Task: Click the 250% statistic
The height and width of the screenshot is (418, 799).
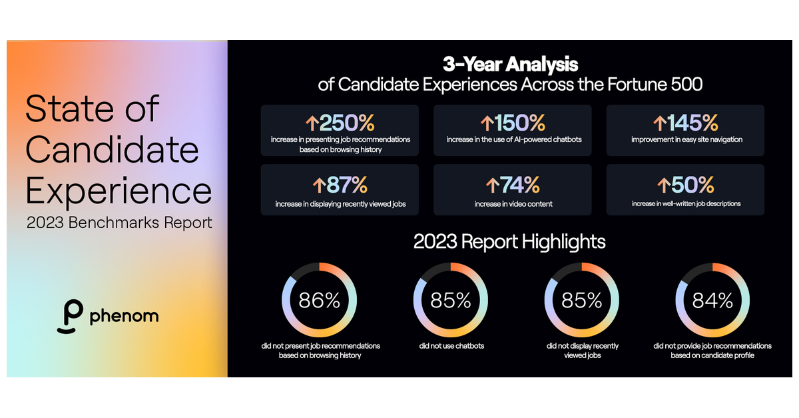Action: [346, 123]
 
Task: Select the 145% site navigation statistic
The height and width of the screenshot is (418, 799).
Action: [692, 123]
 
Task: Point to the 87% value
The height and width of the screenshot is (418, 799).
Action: [346, 185]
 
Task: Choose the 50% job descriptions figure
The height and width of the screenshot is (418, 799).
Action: [692, 185]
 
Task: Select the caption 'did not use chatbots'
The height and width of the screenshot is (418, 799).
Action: [451, 346]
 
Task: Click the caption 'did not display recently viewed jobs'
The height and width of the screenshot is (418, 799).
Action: [582, 351]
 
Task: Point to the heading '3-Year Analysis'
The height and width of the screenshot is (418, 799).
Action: [511, 65]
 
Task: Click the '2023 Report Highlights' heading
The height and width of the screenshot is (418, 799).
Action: [509, 241]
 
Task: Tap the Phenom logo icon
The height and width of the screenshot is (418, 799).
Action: [69, 316]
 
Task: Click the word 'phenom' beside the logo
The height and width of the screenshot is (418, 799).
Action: [125, 315]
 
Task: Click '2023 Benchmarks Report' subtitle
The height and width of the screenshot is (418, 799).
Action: [119, 222]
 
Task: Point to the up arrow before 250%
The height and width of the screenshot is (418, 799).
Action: [312, 123]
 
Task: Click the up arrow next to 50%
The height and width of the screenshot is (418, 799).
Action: [663, 185]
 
